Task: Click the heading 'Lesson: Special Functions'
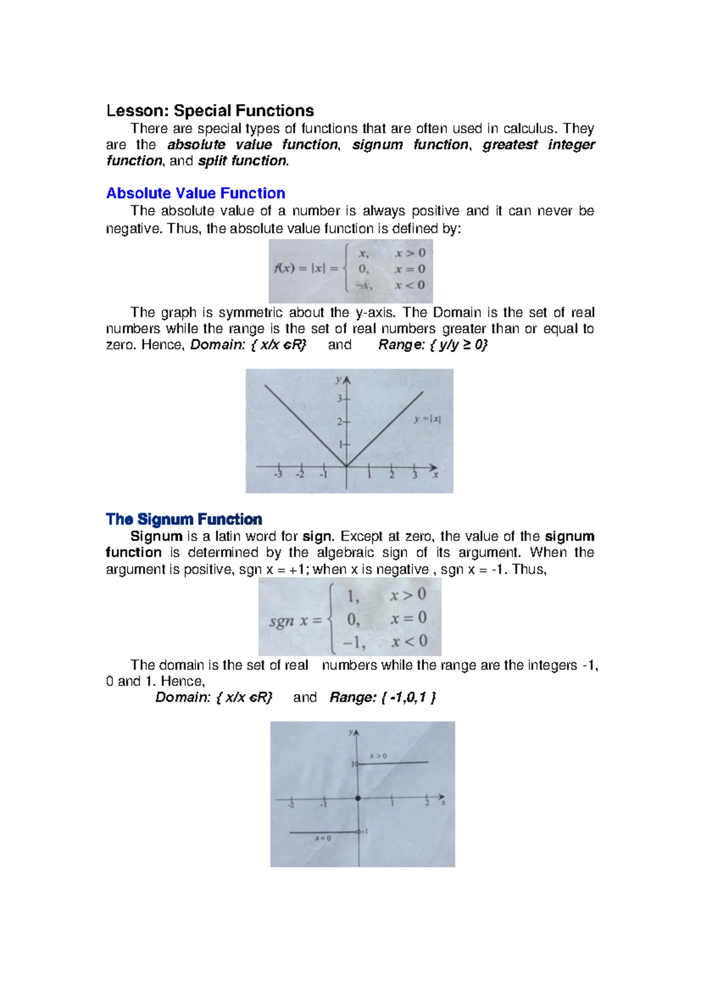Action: pyautogui.click(x=210, y=110)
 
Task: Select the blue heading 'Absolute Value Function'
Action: pyautogui.click(x=196, y=193)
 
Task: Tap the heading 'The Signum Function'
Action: pyautogui.click(x=184, y=519)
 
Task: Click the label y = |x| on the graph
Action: pyautogui.click(x=427, y=419)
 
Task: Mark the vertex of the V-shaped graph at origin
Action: pyautogui.click(x=346, y=466)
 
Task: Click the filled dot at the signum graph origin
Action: pyautogui.click(x=358, y=798)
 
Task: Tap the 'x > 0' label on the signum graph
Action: pyautogui.click(x=377, y=756)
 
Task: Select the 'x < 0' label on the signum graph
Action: pyautogui.click(x=322, y=838)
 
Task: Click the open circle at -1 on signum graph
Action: pyautogui.click(x=359, y=832)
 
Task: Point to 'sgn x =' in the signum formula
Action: pyautogui.click(x=296, y=621)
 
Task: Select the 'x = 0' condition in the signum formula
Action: pyautogui.click(x=408, y=618)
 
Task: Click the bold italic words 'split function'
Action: pyautogui.click(x=243, y=161)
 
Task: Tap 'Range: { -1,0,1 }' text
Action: pyautogui.click(x=383, y=697)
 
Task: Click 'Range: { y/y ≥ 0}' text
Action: pyautogui.click(x=433, y=345)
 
